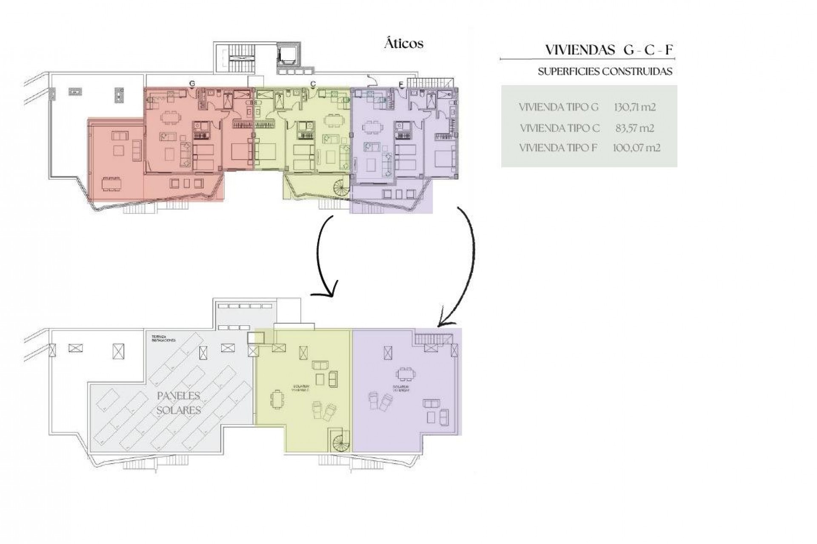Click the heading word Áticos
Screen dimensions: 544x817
[x=403, y=44]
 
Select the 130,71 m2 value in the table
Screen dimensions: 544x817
[x=634, y=107]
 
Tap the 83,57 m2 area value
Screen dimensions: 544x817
[x=634, y=128]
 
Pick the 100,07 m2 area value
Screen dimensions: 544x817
[x=636, y=148]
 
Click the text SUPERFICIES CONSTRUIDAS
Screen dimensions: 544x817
[x=605, y=71]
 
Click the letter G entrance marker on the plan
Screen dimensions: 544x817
[x=192, y=84]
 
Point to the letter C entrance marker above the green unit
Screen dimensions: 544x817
[x=313, y=84]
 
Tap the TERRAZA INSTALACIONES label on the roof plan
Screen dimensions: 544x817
[x=163, y=339]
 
